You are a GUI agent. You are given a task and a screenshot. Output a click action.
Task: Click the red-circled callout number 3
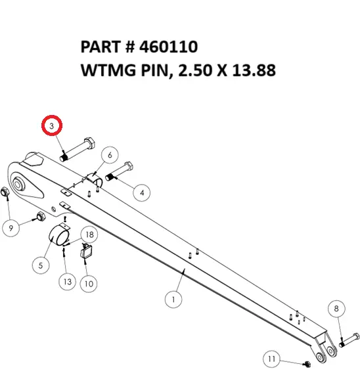pos(53,125)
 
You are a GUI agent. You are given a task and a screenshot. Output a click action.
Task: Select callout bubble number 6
pos(110,156)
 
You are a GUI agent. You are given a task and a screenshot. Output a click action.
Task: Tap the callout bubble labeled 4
pos(141,192)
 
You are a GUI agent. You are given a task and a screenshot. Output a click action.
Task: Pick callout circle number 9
pos(11,228)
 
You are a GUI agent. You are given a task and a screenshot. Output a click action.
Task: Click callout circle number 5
pos(40,265)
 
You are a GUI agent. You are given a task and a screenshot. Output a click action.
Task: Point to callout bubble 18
pos(89,235)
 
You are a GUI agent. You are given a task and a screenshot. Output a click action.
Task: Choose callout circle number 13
pos(66,282)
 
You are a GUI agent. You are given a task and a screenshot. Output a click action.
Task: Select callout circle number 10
pos(89,284)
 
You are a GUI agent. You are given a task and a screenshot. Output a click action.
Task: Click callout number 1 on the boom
pos(173,300)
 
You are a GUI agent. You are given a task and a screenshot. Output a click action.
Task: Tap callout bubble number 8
pos(336,308)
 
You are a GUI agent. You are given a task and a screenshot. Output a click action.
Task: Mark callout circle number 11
pos(272,359)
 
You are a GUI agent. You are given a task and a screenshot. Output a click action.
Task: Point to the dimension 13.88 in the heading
pos(249,70)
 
